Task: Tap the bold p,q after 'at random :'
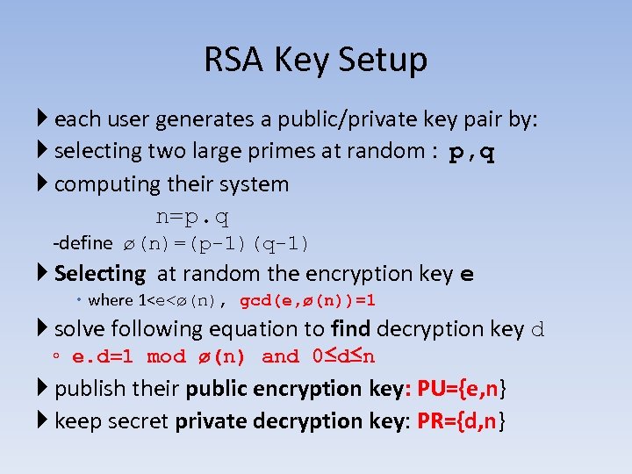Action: [471, 153]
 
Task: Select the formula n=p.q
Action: [192, 216]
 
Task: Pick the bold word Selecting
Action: [100, 274]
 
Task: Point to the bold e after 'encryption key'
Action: [467, 275]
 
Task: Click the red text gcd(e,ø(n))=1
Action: [307, 300]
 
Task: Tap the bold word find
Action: [349, 329]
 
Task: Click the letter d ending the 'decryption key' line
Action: [539, 330]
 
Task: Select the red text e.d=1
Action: [103, 357]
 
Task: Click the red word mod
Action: [167, 357]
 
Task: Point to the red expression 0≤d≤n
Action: [344, 356]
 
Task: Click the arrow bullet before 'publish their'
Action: [44, 388]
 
